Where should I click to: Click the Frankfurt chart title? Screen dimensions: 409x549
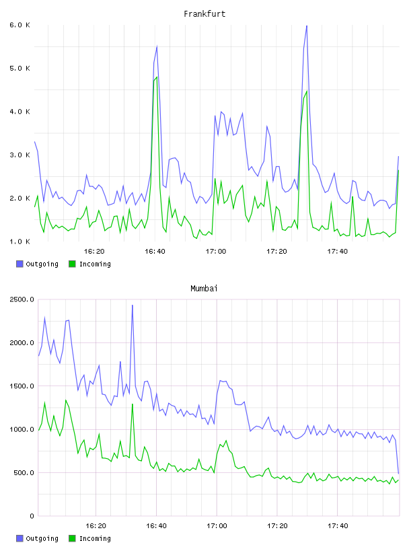(x=204, y=14)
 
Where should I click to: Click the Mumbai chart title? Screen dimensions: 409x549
(x=204, y=289)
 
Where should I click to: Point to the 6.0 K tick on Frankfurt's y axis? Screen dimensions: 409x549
(x=20, y=25)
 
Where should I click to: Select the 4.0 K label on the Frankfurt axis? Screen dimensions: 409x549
(x=20, y=112)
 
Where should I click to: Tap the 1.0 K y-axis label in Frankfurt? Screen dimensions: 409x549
(x=20, y=242)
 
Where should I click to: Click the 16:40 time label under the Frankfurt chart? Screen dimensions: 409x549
(x=155, y=252)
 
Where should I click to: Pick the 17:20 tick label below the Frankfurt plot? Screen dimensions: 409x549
(x=276, y=252)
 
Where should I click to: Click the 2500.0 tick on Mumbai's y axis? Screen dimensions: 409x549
(x=22, y=299)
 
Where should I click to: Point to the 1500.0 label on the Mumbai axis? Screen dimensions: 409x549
(x=22, y=386)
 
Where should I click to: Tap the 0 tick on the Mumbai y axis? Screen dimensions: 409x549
(x=32, y=516)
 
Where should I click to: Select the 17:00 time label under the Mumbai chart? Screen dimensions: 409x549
(x=217, y=526)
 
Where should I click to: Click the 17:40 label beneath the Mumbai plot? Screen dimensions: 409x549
(x=338, y=526)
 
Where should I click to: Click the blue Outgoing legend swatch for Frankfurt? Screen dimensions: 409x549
(x=20, y=264)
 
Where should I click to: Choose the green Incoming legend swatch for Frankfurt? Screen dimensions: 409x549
(x=72, y=264)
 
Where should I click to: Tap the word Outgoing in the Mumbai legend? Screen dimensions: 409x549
(x=42, y=538)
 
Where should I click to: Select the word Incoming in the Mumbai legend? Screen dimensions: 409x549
(x=95, y=538)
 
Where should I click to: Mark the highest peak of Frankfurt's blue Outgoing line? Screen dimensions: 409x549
(x=307, y=26)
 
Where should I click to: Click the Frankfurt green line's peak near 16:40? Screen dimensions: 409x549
(x=157, y=77)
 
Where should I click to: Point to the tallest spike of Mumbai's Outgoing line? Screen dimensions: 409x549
(x=133, y=305)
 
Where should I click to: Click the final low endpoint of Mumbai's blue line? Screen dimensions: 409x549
(x=398, y=474)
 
